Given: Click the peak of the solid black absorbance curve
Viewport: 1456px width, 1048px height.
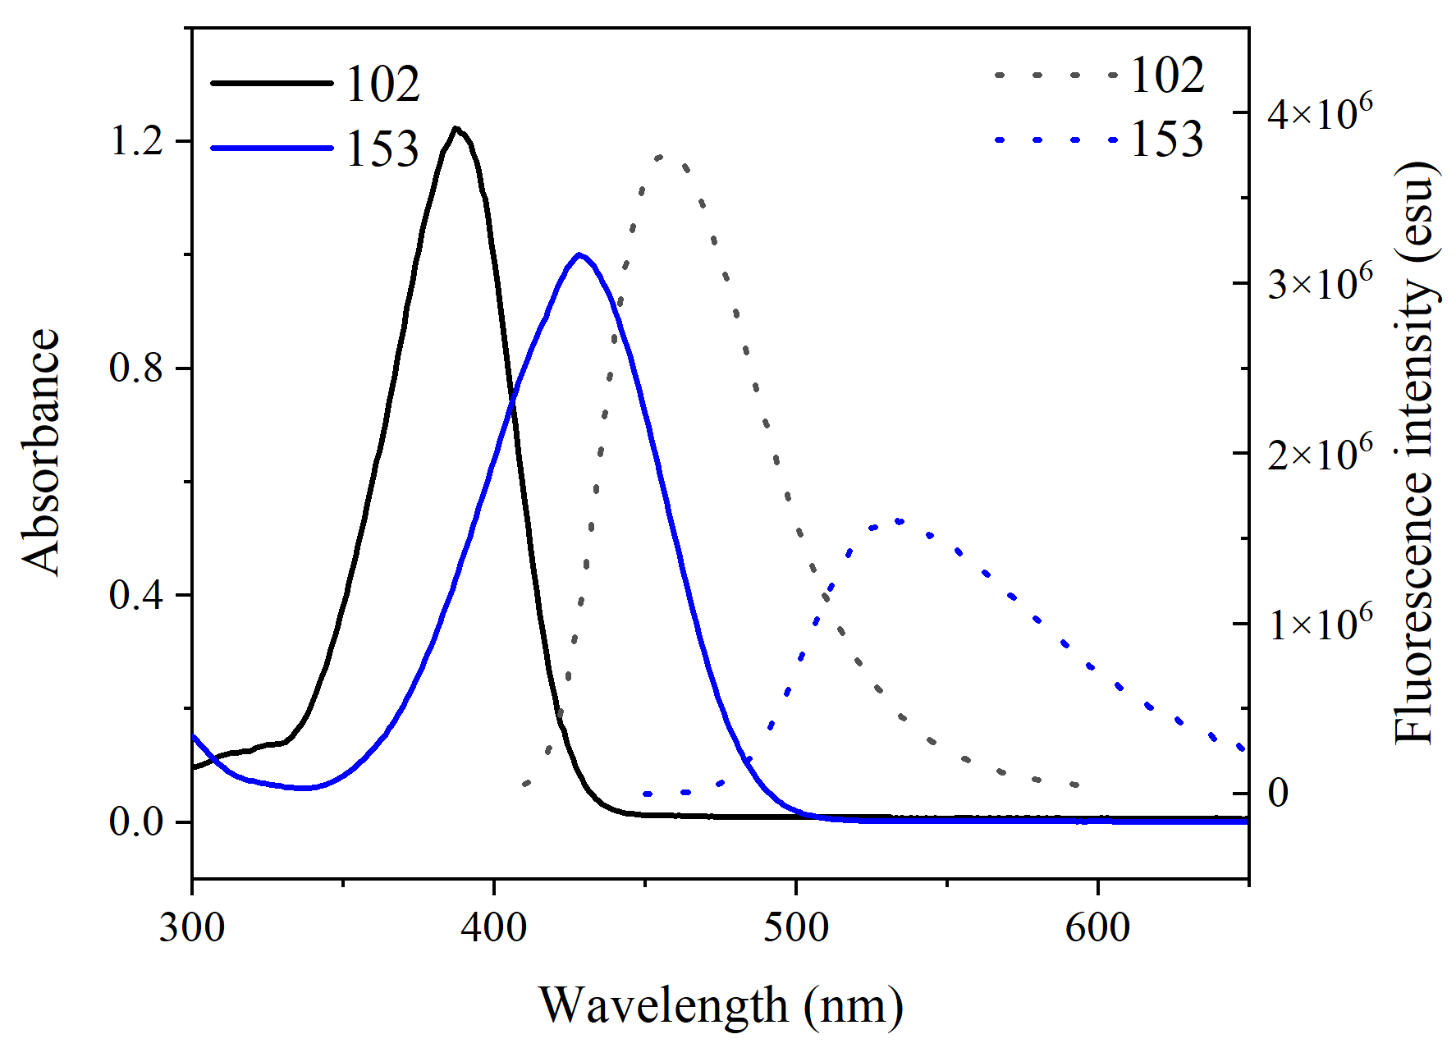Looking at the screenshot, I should point(456,129).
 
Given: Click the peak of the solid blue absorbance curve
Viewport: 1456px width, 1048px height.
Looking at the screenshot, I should point(579,254).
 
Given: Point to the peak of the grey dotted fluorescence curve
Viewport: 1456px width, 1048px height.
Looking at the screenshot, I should point(662,156).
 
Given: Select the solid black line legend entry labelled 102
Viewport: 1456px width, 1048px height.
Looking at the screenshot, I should point(316,83).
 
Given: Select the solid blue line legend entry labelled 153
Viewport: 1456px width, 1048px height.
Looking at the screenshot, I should point(316,149).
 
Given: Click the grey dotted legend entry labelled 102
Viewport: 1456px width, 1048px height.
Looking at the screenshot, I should point(1100,75).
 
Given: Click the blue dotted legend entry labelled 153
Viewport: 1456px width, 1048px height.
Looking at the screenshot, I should point(1100,140).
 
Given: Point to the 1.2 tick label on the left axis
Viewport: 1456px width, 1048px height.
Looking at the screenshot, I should point(137,141).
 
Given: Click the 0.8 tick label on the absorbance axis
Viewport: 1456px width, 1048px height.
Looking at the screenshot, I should point(137,368).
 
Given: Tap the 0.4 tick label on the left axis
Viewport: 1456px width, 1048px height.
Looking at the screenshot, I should point(137,595).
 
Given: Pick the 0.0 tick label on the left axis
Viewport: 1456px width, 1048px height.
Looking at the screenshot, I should point(137,821).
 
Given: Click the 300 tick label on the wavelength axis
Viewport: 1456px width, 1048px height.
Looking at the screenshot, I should point(192,927).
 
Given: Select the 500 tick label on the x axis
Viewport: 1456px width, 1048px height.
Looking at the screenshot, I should point(795,927).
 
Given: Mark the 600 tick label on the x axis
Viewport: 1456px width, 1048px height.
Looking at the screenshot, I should point(1097,927).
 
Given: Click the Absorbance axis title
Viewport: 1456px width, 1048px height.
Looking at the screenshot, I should point(41,451).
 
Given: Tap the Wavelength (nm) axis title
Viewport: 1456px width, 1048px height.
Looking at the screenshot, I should point(721,1005).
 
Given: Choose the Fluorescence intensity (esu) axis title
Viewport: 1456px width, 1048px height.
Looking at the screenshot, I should point(1415,451).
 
